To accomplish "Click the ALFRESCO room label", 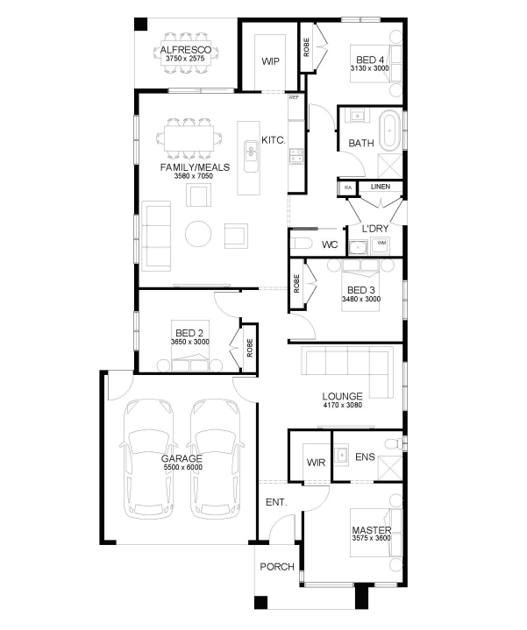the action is coord(185,50).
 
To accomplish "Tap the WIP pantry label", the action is coord(270,61).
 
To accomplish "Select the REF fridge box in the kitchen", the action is coord(295,107).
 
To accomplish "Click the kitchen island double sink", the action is coord(252,151).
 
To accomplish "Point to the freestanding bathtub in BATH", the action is coord(390,131).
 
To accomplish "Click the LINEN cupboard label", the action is coord(381,187).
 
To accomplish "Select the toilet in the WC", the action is coord(301,244).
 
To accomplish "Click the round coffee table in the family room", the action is coord(198,233).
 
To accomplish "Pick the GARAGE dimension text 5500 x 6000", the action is coord(183,467).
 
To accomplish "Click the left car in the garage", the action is coord(149,459).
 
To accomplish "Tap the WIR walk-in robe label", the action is coord(316,463).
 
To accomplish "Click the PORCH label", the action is coord(277,567).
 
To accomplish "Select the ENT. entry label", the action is coord(276,502).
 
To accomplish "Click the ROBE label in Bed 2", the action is coord(250,348).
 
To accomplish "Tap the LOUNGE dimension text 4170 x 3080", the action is coord(343,405).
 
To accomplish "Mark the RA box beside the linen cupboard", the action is coord(348,188).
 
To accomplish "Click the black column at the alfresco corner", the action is coord(140,25).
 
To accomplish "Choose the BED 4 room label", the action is coord(370,60).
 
